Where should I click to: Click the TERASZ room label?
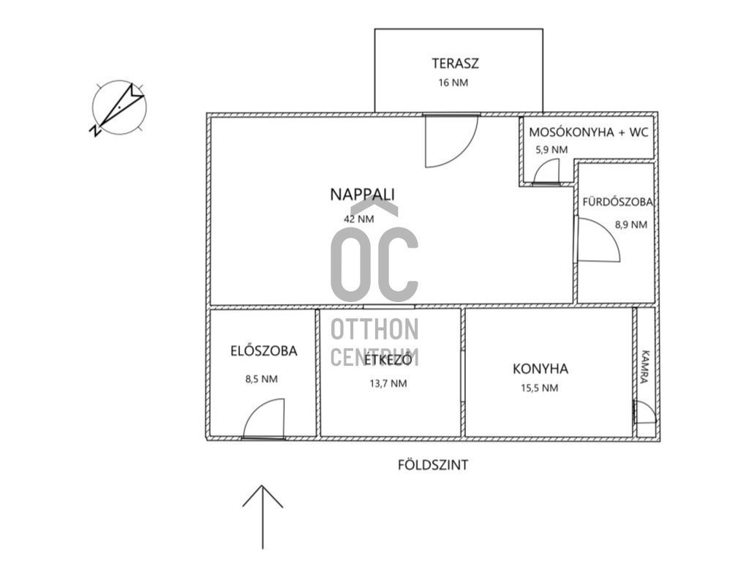pos(455,63)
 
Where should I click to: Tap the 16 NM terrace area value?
pos(453,83)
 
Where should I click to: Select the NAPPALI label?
pos(363,195)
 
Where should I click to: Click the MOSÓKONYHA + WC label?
pos(589,132)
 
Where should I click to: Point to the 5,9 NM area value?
pos(552,149)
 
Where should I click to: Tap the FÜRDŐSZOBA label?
pos(617,202)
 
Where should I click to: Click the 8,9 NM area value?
pos(631,225)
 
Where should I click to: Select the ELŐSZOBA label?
pos(263,351)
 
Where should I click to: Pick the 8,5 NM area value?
pos(261,380)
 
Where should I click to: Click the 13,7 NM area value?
pos(388,383)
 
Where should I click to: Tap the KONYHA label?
pos(541,369)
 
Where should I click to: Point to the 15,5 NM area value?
pos(539,388)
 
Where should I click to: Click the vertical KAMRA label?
pos(645,367)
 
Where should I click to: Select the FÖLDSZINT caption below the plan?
pos(433,465)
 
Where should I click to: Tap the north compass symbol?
pos(118,108)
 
